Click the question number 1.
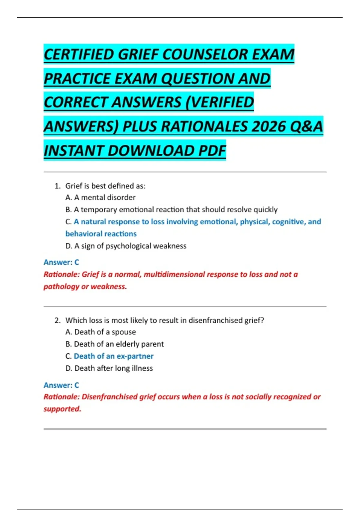coord(57,186)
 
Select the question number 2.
coord(57,320)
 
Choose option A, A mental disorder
coord(100,197)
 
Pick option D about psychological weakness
coord(126,246)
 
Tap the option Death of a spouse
coord(100,332)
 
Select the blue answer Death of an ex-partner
coord(114,356)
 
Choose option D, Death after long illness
coord(109,368)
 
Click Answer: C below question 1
coord(61,262)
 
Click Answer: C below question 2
coord(61,385)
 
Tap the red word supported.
coord(62,409)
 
